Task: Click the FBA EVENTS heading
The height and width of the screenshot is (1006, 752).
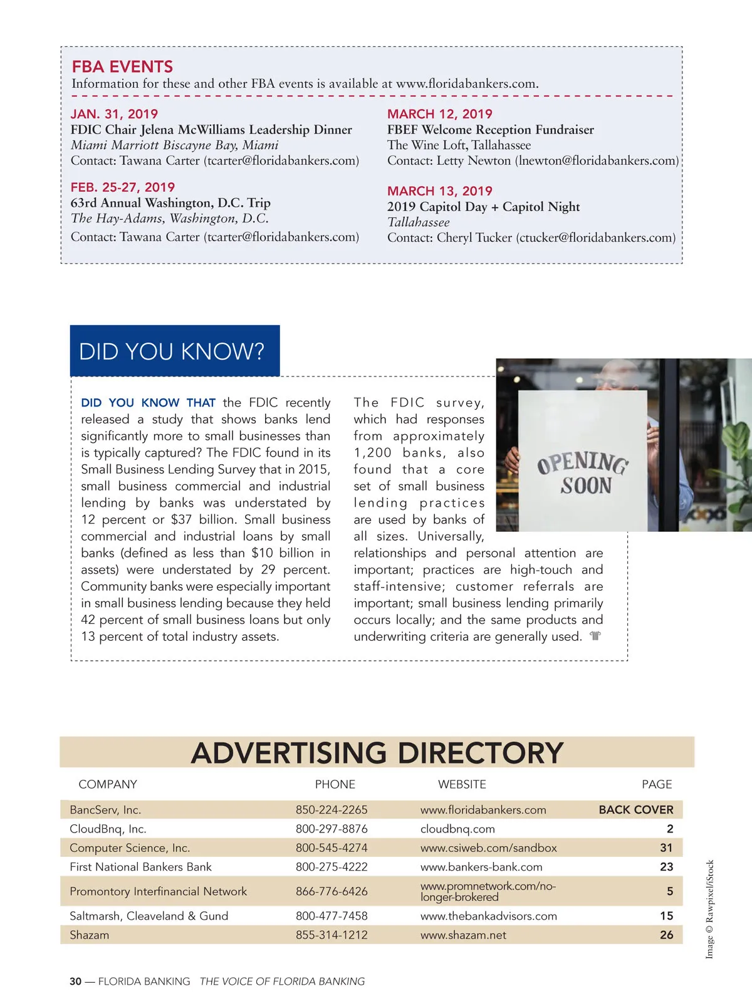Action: point(122,67)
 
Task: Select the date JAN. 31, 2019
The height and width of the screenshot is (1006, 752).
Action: point(114,114)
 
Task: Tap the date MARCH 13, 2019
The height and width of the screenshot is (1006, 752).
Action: point(439,191)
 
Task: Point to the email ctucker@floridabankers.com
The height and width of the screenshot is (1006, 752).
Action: point(595,237)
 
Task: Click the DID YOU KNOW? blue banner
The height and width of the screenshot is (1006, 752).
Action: point(174,351)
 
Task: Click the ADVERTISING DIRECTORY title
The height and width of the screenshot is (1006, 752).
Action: point(377,752)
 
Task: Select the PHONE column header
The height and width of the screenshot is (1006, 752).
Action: point(335,784)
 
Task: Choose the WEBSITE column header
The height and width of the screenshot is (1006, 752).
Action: point(462,784)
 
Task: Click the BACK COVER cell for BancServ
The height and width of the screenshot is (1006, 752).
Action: point(635,809)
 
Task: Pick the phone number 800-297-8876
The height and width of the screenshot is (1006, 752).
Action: point(332,829)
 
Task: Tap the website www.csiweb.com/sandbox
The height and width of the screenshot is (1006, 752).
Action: point(488,848)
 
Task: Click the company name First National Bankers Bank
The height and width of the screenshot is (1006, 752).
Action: point(140,867)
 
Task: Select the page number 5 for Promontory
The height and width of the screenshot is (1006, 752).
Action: point(669,891)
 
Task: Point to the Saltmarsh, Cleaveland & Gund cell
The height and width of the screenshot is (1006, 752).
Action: point(149,916)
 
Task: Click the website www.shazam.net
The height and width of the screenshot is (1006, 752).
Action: point(463,935)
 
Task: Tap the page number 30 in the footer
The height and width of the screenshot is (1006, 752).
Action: point(75,982)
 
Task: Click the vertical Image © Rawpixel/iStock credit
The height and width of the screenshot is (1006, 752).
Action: point(709,909)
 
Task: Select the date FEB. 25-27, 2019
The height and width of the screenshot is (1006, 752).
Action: point(122,187)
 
